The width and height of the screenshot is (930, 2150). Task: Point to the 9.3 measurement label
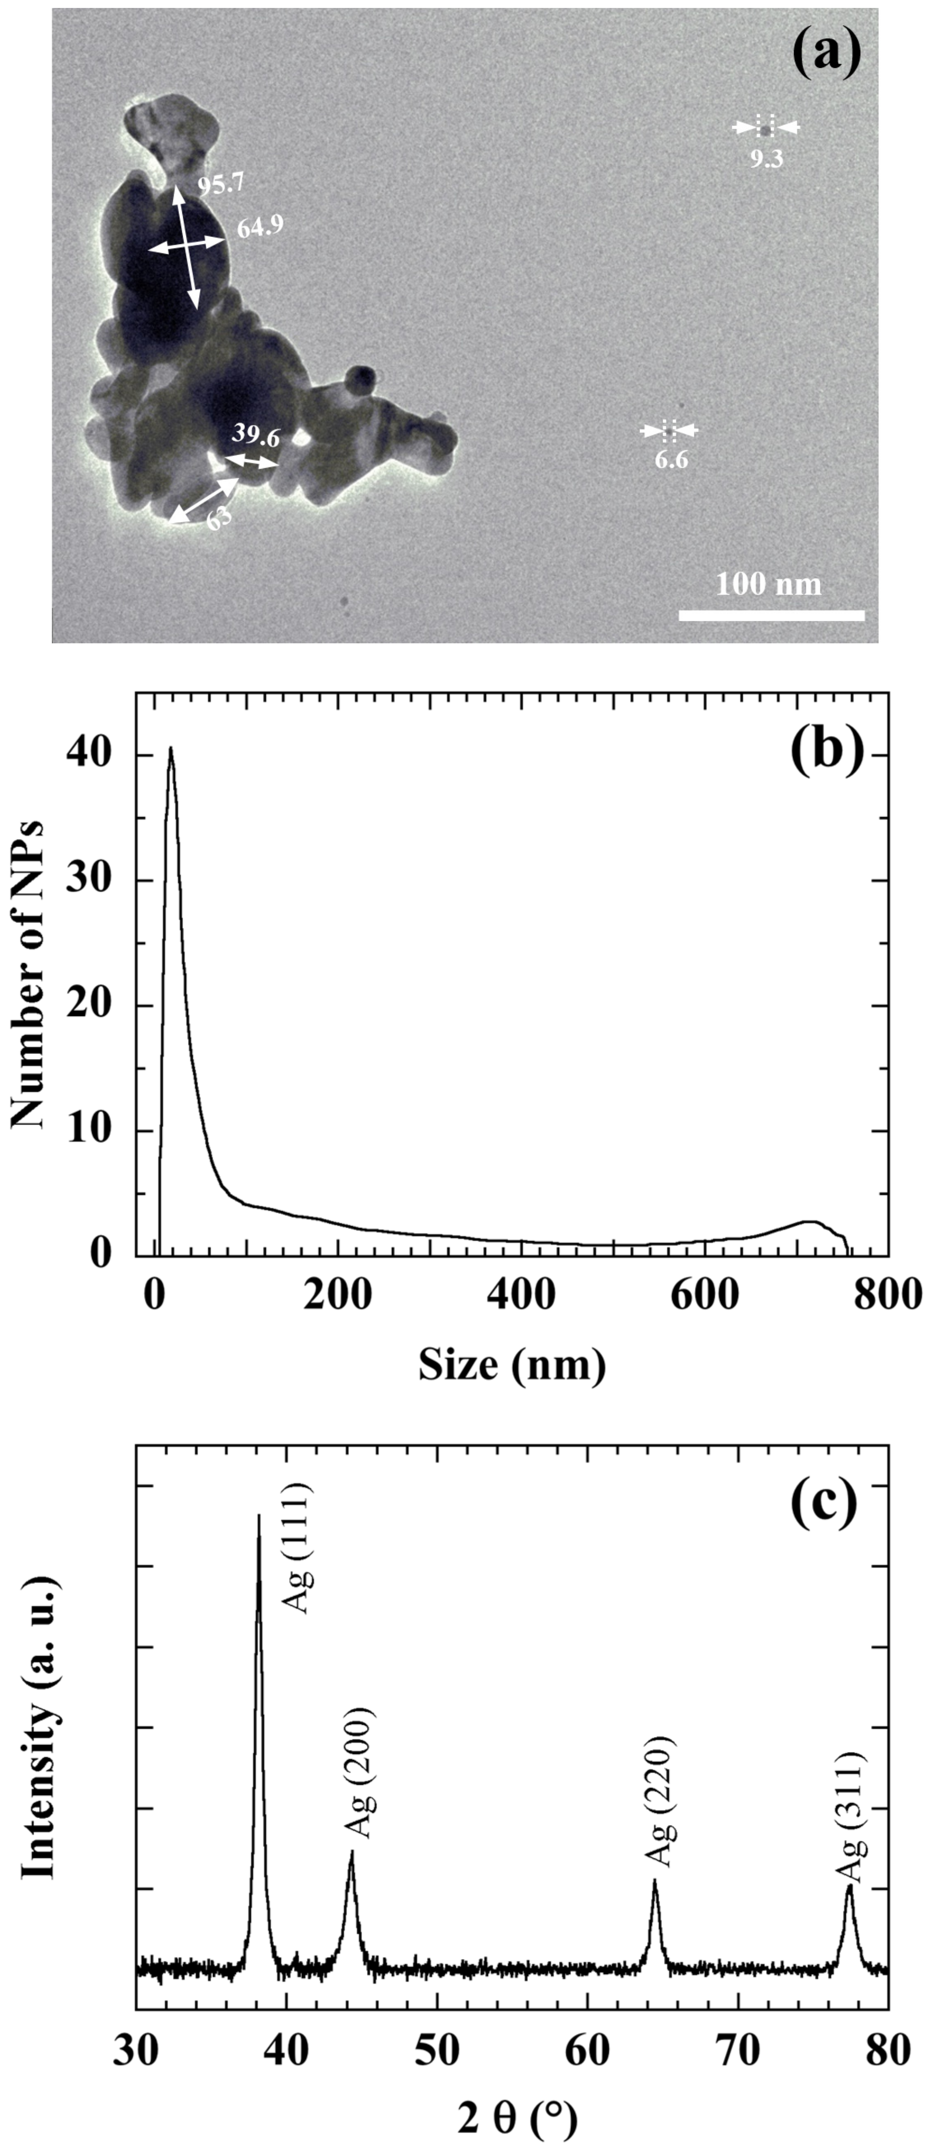[766, 159]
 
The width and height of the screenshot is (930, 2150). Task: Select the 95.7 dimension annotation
[220, 184]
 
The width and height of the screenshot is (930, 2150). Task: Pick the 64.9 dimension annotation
[260, 227]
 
